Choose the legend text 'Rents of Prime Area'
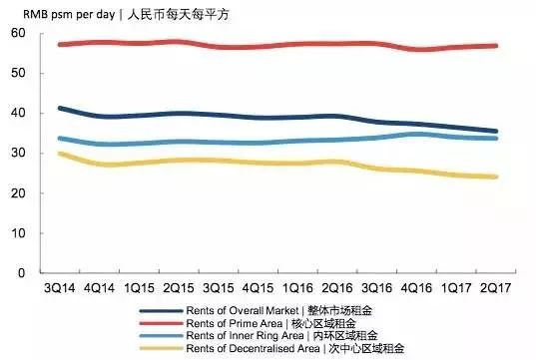pos(237,323)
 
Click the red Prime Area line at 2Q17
pos(496,46)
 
